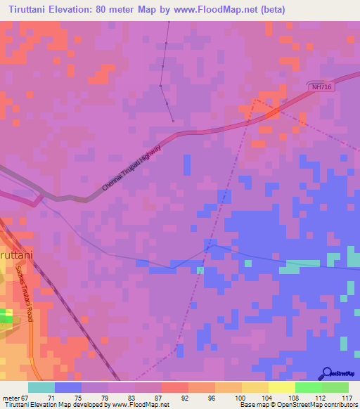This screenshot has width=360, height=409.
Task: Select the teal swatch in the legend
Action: [41, 387]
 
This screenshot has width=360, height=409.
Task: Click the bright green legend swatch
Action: [309, 387]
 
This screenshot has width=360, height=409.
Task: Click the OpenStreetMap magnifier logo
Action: [327, 373]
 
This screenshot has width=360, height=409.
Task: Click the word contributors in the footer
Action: [340, 405]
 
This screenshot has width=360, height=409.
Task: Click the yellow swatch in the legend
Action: [255, 387]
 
